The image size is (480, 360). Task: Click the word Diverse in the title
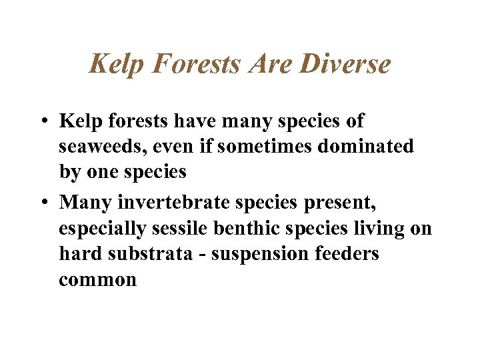(345, 65)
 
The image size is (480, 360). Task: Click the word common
(97, 280)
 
